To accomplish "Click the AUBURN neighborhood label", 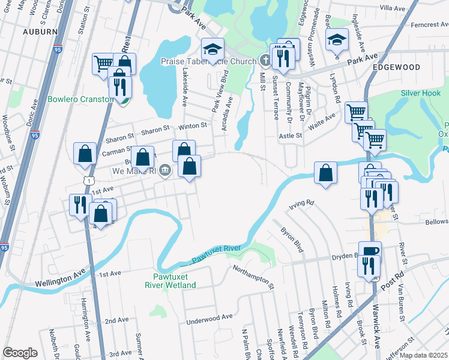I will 40,31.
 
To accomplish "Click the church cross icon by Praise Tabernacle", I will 265,60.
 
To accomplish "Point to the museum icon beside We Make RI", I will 166,171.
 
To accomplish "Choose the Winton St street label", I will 191,126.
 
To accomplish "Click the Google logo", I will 20,353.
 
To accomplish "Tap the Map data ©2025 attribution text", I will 423,355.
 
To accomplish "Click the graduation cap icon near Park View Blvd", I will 212,49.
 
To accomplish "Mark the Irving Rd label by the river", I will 301,203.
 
